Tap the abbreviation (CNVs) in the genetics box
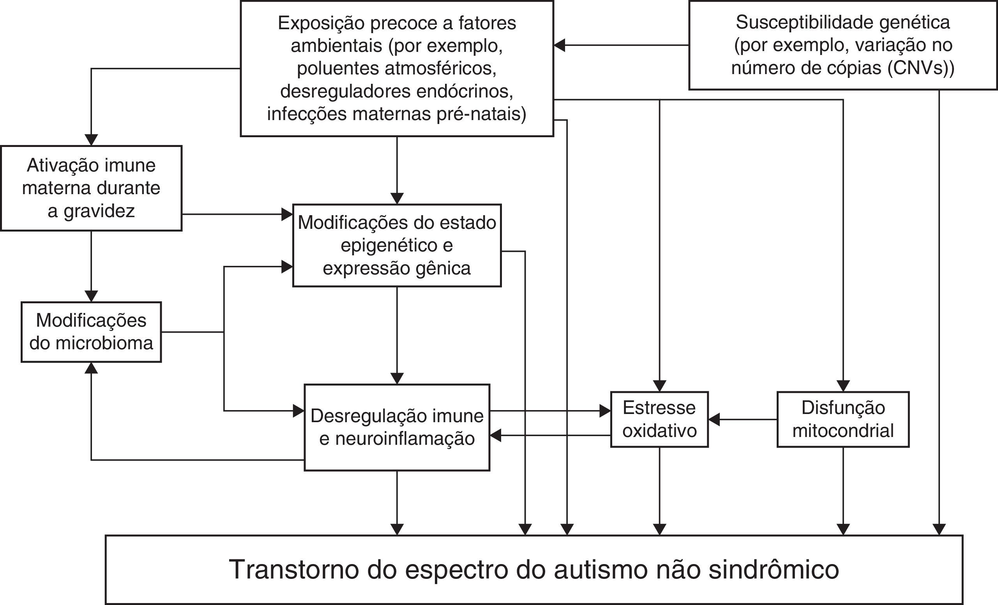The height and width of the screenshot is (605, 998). point(920,68)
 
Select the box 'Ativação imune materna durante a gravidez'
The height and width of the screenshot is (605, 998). point(91,188)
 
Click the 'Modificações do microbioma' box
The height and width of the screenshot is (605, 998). point(91,332)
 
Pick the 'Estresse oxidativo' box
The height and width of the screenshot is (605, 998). point(659,419)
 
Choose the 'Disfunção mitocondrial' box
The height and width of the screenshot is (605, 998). point(843,419)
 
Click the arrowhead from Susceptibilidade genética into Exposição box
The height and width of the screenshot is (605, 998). point(560,45)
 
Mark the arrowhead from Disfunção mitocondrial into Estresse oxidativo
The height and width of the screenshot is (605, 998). point(714,419)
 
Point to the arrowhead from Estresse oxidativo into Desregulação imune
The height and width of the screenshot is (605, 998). point(495,435)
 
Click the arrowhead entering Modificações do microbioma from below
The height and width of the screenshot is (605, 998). point(92,368)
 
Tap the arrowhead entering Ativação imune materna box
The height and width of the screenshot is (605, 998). point(91,140)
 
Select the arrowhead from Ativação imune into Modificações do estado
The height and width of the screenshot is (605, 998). point(287,214)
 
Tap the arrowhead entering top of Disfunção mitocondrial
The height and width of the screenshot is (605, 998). point(843,386)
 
